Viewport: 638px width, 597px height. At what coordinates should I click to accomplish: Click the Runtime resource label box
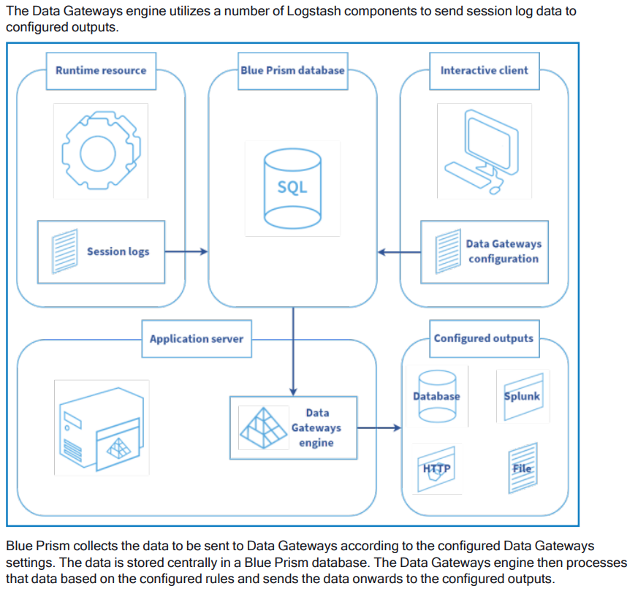pyautogui.click(x=101, y=71)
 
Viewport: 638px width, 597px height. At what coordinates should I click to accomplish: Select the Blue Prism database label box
pyautogui.click(x=292, y=71)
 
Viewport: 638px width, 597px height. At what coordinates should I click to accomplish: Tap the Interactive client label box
pyautogui.click(x=484, y=71)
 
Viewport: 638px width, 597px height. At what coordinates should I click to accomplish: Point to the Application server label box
pyautogui.click(x=196, y=339)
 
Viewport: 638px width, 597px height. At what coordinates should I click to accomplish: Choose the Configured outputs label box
pyautogui.click(x=483, y=338)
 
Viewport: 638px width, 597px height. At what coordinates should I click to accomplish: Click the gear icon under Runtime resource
pyautogui.click(x=100, y=150)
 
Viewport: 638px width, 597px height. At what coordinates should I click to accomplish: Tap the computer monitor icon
pyautogui.click(x=483, y=150)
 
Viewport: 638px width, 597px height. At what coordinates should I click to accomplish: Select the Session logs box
pyautogui.click(x=101, y=252)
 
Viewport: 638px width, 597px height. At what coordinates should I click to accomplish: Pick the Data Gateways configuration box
pyautogui.click(x=484, y=252)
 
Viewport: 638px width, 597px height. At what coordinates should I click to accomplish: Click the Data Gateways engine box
pyautogui.click(x=293, y=427)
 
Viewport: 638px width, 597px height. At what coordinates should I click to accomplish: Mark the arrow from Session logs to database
pyautogui.click(x=186, y=252)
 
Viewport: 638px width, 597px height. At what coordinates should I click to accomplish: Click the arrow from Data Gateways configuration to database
pyautogui.click(x=399, y=253)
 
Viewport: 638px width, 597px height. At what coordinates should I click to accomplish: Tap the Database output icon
pyautogui.click(x=436, y=397)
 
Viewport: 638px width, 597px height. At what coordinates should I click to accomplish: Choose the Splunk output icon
pyautogui.click(x=523, y=397)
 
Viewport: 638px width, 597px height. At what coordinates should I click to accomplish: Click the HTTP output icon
pyautogui.click(x=436, y=468)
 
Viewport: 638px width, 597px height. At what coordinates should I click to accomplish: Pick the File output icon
pyautogui.click(x=523, y=468)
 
